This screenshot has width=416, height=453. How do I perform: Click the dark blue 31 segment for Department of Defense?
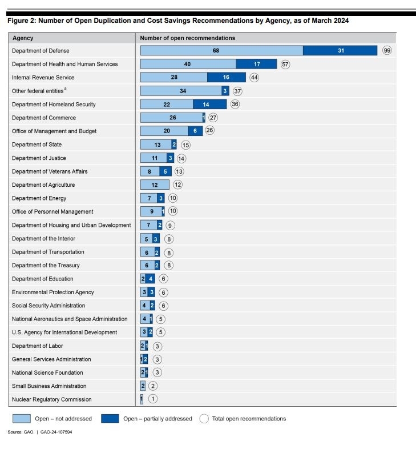point(340,50)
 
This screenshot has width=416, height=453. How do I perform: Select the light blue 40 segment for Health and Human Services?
point(188,64)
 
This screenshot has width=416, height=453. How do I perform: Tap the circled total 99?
point(387,50)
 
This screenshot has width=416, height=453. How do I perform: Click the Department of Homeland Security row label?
point(54,105)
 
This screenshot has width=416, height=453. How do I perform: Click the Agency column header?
point(23,38)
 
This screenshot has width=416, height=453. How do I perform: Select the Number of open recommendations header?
point(188,38)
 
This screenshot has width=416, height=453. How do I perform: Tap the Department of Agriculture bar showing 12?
point(155,185)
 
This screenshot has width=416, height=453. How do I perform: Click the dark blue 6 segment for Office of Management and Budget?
point(195,131)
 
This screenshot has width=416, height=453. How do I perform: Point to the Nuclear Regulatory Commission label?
point(51,399)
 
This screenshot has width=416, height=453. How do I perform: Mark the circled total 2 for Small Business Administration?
point(153,386)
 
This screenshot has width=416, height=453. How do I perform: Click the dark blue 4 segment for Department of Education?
point(150,279)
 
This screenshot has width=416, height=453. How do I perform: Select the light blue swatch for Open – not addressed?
point(20,419)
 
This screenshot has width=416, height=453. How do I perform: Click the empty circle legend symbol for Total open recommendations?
point(204,419)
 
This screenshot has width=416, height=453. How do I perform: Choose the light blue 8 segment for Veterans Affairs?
point(150,171)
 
